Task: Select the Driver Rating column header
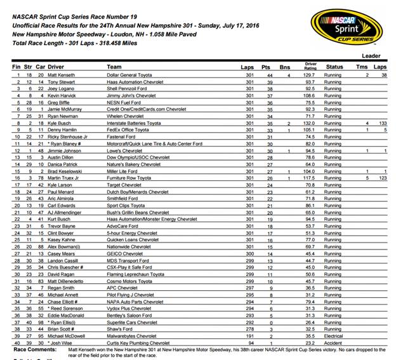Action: coord(310,65)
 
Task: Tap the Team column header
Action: coord(114,66)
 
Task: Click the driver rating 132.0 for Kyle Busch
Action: coord(310,124)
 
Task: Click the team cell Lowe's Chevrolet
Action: coord(126,151)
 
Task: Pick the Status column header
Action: coord(334,66)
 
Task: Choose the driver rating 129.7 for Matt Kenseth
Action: coord(310,75)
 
